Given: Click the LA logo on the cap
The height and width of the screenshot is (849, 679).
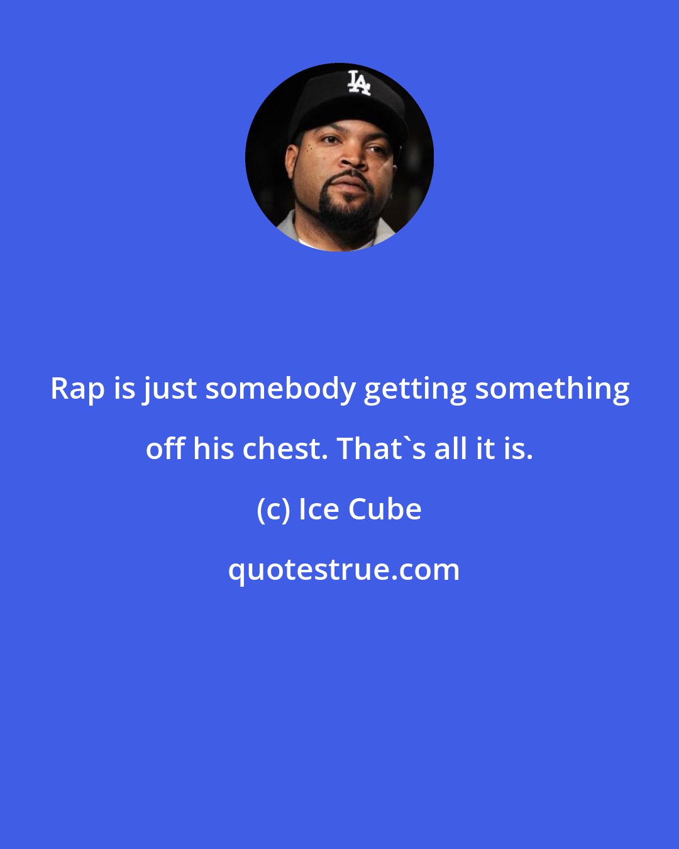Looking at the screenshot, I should point(359,82).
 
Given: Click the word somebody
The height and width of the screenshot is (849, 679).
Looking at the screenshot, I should point(280,389).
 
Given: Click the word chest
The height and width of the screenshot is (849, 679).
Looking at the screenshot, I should point(284,449).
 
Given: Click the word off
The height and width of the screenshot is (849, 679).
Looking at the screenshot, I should point(165,449).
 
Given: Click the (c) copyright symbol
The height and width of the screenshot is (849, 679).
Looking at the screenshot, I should point(273,509).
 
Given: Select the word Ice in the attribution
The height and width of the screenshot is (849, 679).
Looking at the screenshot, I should point(319,509).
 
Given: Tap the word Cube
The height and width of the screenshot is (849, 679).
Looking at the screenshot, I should point(385,509).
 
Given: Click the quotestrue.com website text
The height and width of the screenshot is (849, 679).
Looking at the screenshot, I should point(343,570).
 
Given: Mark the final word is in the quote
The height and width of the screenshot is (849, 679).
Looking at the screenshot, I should point(518,449).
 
